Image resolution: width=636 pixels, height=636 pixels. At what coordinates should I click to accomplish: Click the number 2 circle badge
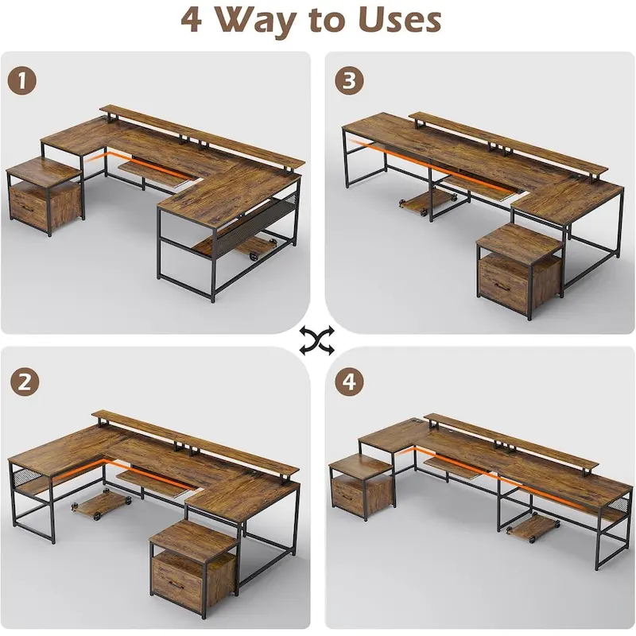(25, 381)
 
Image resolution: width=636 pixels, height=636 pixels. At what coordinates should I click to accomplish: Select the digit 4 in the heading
(191, 21)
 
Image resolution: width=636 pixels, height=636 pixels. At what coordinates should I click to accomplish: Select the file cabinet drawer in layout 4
(355, 496)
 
